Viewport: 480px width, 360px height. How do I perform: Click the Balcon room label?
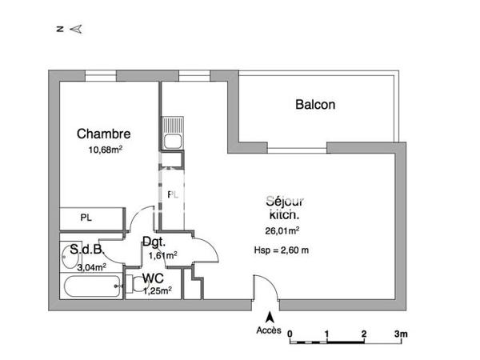click(x=315, y=104)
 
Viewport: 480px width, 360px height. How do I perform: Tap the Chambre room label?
click(x=103, y=134)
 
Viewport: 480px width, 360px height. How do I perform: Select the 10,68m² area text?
click(x=104, y=149)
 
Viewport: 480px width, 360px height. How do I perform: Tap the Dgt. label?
click(x=154, y=242)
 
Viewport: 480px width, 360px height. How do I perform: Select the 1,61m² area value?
click(x=162, y=255)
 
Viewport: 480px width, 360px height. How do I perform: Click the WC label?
click(x=154, y=278)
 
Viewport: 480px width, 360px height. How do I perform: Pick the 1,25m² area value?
click(x=158, y=290)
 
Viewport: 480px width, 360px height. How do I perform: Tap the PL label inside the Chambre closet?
click(x=85, y=217)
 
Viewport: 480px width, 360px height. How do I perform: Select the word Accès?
click(x=268, y=330)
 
